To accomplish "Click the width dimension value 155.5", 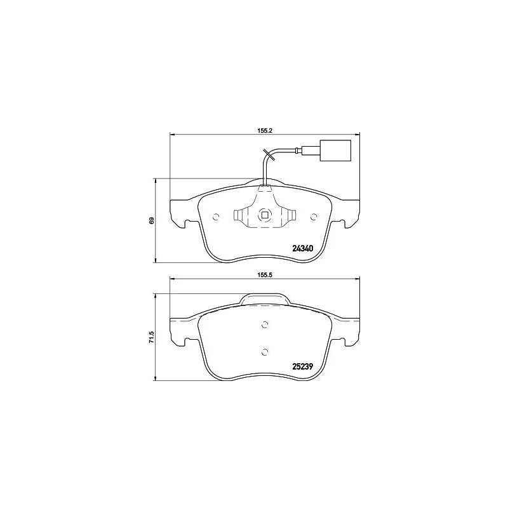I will [265, 276].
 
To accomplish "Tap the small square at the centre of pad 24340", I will [265, 216].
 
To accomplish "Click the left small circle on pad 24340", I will [216, 217].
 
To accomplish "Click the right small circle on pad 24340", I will [313, 217].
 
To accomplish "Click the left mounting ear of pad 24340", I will [181, 214].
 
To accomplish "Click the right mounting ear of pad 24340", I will [349, 214].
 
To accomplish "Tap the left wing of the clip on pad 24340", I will [241, 217].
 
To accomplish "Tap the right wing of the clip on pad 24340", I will [288, 217].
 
